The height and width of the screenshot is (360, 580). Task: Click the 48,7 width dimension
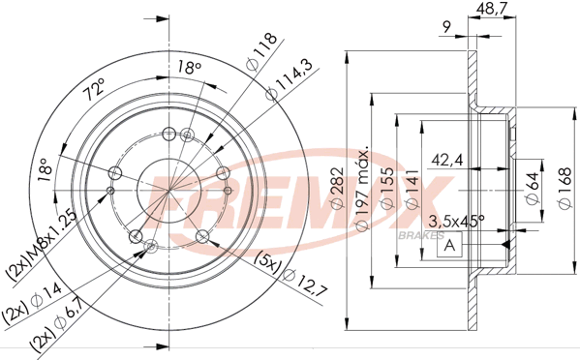point(491,8)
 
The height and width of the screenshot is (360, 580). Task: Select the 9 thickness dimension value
point(447,27)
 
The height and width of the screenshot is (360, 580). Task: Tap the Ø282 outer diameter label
point(337,189)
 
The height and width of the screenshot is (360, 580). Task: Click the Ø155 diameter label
point(387,189)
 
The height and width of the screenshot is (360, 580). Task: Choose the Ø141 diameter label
point(412,189)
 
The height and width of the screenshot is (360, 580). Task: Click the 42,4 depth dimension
point(446,160)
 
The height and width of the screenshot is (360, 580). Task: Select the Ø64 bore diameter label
point(533,189)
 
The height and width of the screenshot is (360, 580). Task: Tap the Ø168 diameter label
point(565,189)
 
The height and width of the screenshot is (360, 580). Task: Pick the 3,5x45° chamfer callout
point(456,221)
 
